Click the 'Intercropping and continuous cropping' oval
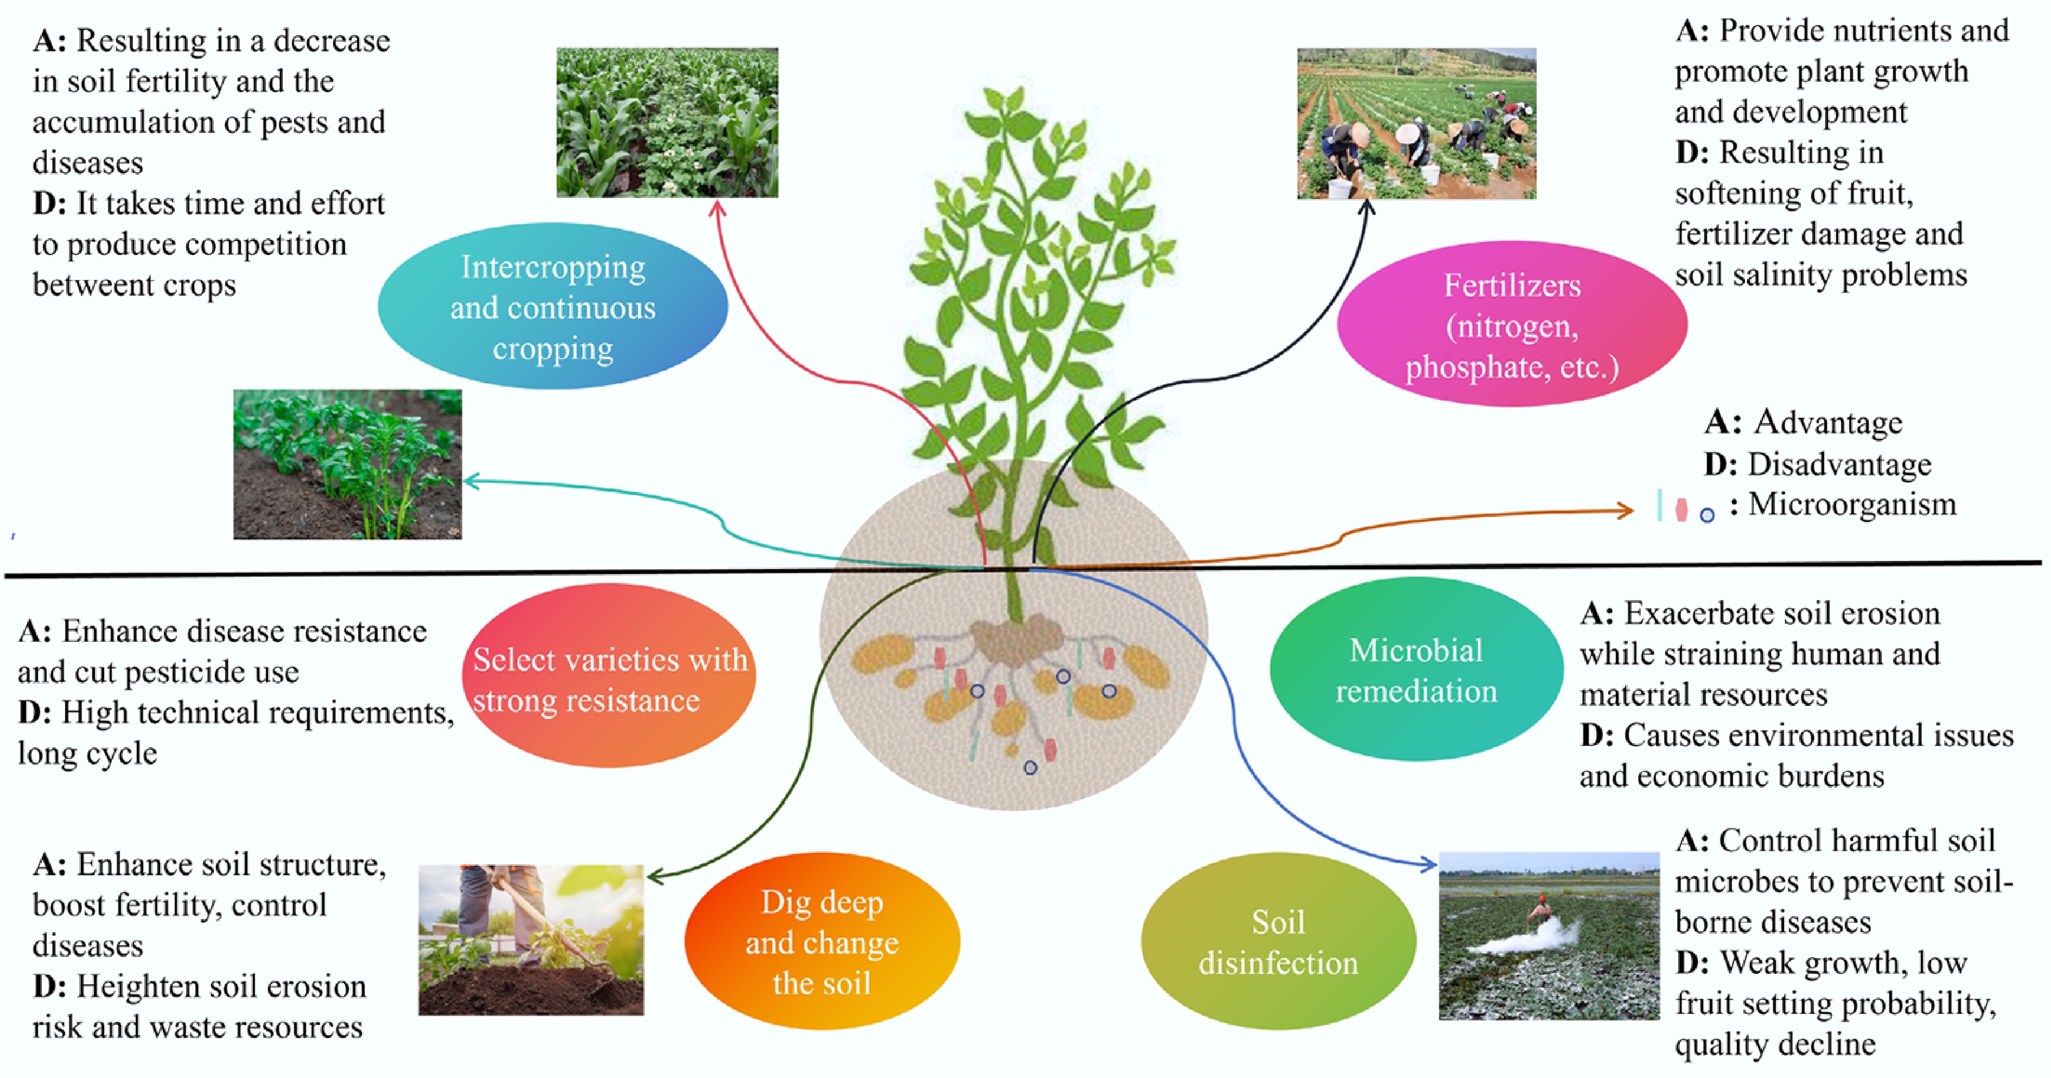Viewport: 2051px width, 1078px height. (552, 307)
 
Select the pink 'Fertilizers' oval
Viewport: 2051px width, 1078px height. (1511, 325)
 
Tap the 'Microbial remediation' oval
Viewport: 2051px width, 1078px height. (1416, 671)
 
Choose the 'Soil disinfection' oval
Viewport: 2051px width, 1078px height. (1278, 942)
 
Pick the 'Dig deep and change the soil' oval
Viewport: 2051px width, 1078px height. (821, 942)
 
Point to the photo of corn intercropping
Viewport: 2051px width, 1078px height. (667, 122)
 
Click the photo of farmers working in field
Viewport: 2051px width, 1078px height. (1416, 123)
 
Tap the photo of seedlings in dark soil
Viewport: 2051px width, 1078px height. (347, 464)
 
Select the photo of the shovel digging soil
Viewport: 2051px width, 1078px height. (531, 940)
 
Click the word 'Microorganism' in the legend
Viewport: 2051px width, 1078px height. (1852, 504)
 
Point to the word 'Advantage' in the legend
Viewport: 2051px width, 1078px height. (1828, 422)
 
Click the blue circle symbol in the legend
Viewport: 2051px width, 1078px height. (1707, 515)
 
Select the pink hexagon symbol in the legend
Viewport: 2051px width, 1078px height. (1681, 509)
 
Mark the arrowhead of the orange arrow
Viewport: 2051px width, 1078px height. (1627, 511)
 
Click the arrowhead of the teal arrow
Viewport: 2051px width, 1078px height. (470, 481)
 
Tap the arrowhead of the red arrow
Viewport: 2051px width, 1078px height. (717, 207)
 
